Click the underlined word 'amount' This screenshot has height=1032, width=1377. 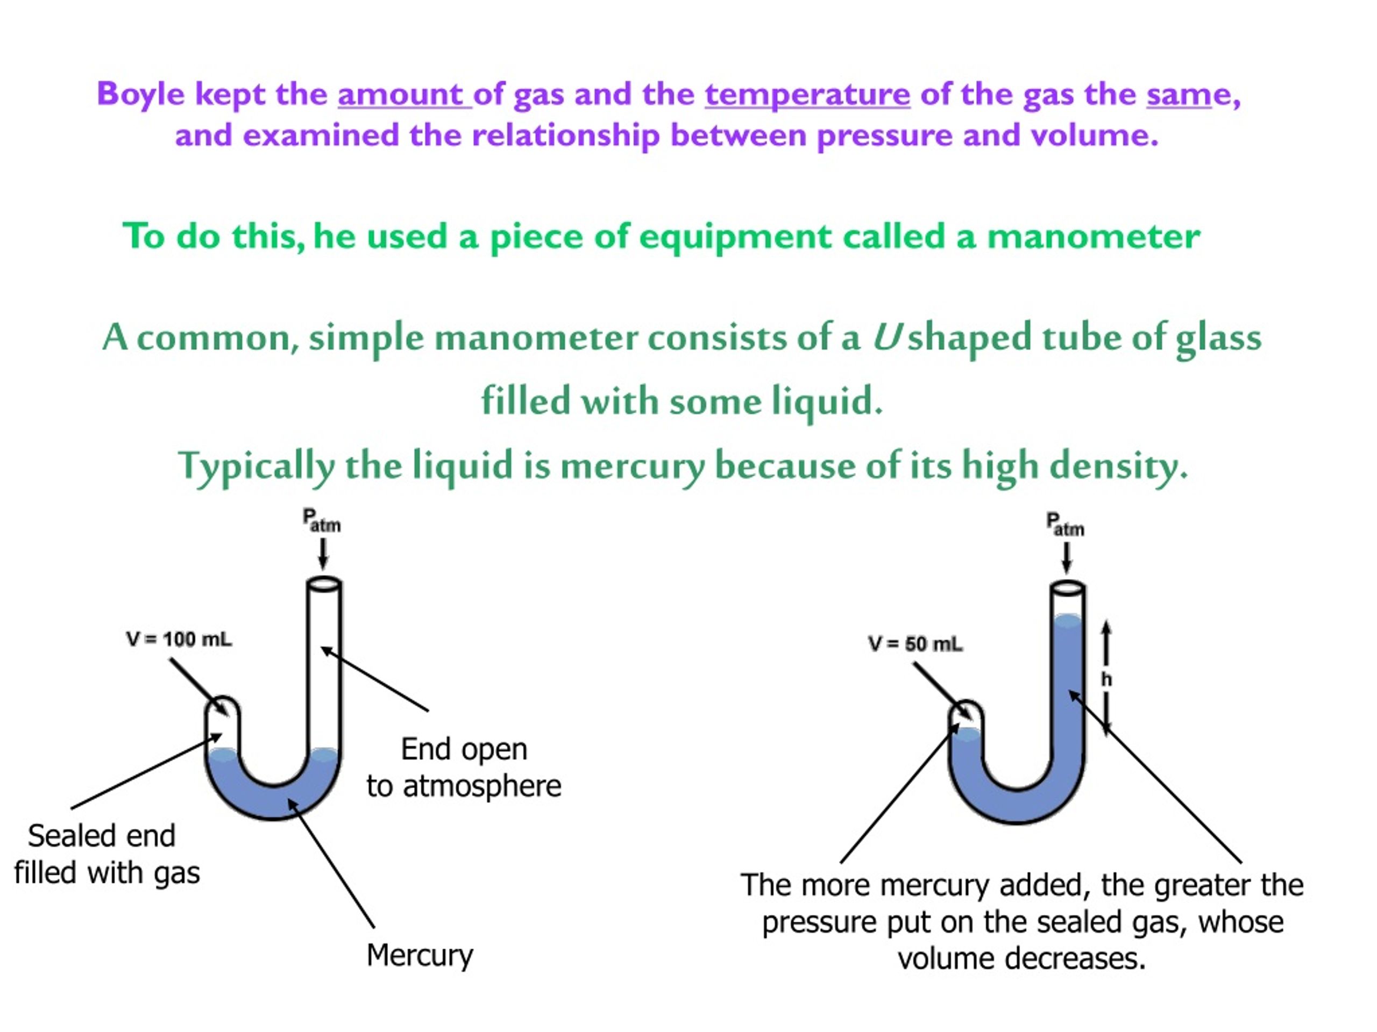(x=404, y=95)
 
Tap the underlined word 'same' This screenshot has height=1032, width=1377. (x=1179, y=95)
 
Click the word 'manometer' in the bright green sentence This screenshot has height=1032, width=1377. (x=1094, y=236)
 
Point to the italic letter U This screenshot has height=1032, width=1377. (x=886, y=337)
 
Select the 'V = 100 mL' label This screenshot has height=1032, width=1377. (x=179, y=639)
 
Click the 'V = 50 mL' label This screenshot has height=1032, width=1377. (x=915, y=644)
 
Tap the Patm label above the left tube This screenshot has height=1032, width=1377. (x=321, y=520)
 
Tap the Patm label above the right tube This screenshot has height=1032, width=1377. (x=1064, y=525)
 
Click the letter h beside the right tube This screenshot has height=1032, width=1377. (x=1106, y=679)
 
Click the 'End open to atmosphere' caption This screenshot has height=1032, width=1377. (x=464, y=768)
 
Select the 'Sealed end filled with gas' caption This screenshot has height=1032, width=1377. (x=107, y=854)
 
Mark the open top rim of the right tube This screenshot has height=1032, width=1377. (x=1068, y=588)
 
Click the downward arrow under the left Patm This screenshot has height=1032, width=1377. (x=322, y=554)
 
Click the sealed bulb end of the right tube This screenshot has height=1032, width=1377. (x=966, y=712)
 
